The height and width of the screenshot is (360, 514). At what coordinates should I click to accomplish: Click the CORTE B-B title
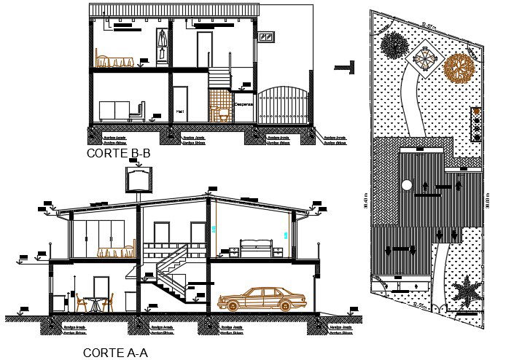point(118,154)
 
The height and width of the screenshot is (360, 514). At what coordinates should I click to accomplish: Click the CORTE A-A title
point(115,353)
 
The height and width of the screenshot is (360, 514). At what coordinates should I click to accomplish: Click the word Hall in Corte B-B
point(179,111)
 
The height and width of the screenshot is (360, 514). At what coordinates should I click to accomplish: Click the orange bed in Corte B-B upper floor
point(115,61)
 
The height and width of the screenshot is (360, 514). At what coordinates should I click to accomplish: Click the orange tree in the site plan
point(459,69)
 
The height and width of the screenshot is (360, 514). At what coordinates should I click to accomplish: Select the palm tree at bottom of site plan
point(466,292)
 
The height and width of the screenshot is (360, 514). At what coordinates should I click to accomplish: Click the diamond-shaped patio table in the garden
point(426,58)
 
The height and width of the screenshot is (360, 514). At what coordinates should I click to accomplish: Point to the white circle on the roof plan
point(407,185)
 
